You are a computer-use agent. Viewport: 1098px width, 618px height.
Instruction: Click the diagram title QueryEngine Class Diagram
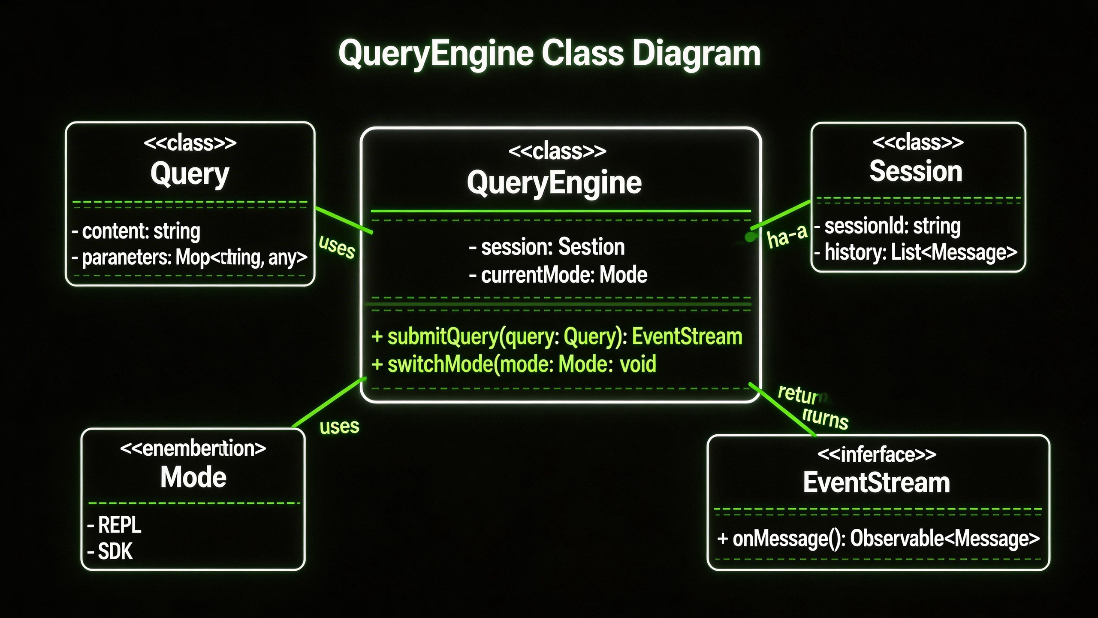click(549, 54)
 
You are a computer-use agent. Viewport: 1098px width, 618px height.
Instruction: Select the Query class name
click(190, 174)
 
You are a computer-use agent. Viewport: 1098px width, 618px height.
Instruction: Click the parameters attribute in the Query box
click(190, 257)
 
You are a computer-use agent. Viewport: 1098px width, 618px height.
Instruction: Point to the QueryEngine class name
click(554, 183)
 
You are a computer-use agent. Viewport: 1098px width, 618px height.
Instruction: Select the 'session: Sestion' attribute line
click(547, 247)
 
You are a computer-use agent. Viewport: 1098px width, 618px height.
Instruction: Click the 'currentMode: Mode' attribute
click(558, 275)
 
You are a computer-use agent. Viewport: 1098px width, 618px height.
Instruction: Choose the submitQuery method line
click(556, 336)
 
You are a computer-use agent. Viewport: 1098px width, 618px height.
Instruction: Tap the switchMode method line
click(513, 364)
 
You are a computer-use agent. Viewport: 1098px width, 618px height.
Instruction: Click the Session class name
click(916, 171)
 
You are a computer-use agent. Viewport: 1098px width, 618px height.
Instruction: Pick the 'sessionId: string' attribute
click(887, 226)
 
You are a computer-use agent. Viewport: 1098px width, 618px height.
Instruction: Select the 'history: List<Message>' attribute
click(916, 253)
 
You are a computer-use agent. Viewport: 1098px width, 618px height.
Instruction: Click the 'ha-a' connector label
click(787, 236)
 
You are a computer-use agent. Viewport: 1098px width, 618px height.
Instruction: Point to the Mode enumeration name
click(193, 477)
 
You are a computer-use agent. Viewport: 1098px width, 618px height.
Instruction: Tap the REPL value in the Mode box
click(115, 525)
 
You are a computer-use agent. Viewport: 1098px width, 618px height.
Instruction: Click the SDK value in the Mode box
click(111, 551)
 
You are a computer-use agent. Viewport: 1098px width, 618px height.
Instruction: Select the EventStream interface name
click(876, 483)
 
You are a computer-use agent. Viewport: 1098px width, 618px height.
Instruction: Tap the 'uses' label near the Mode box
click(339, 427)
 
